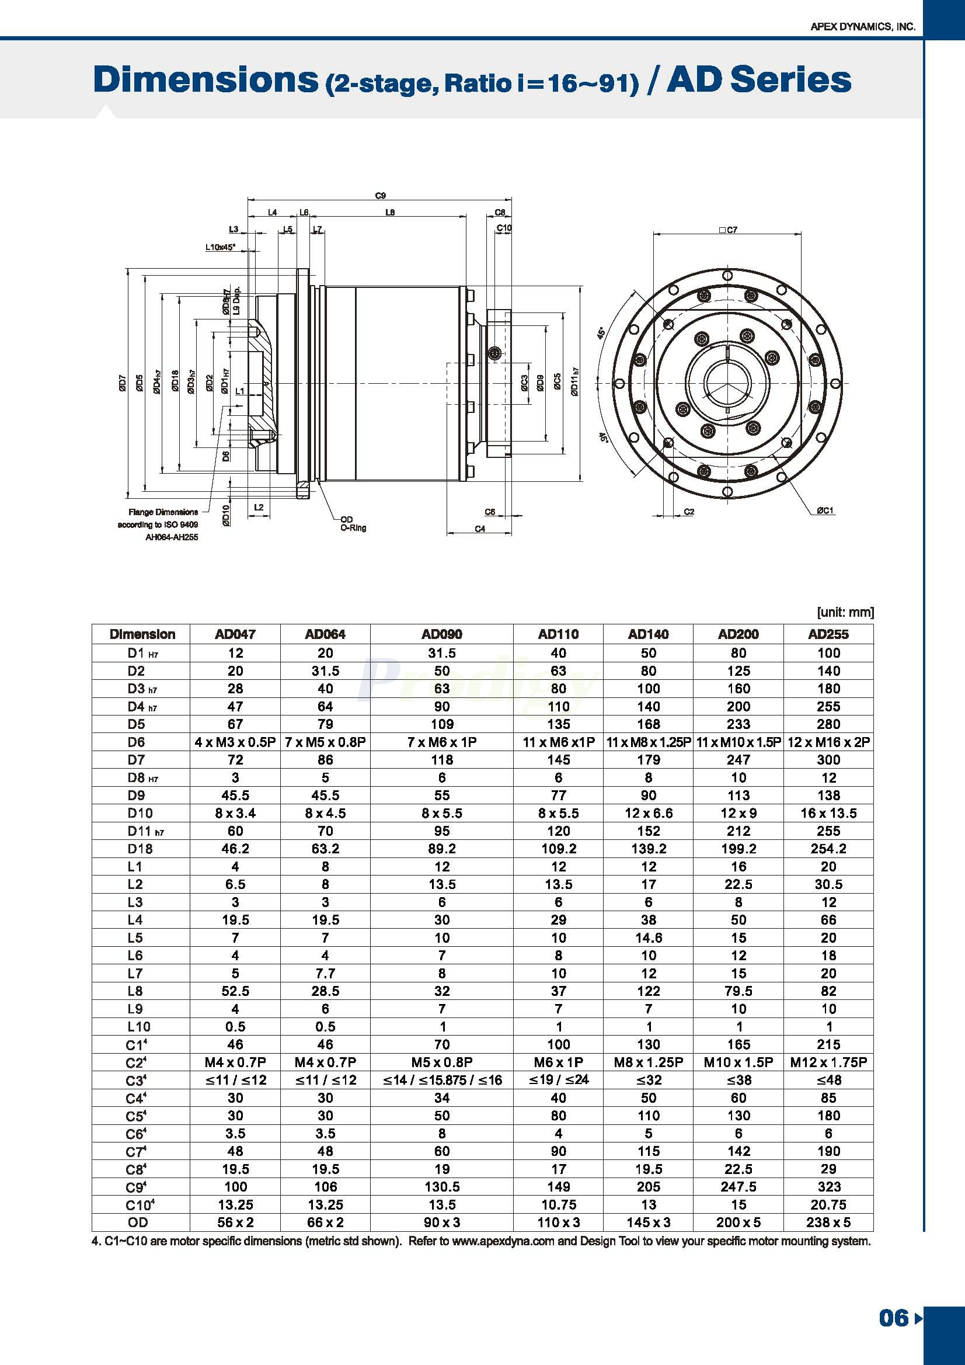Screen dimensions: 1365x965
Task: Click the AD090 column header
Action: tap(441, 634)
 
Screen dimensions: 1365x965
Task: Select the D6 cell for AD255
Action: tap(828, 742)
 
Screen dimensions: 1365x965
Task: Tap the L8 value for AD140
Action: tap(648, 991)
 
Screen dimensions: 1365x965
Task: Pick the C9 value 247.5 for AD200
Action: tap(738, 1187)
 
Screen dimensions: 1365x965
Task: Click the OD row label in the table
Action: tap(137, 1222)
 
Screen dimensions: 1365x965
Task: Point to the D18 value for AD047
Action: tap(235, 848)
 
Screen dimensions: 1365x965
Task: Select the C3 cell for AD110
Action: tap(558, 1080)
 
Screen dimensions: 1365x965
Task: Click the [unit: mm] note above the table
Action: tap(845, 612)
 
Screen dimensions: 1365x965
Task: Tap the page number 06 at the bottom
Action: tap(893, 1319)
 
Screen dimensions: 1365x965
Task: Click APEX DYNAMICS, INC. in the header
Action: tap(863, 27)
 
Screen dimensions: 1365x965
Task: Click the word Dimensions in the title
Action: tap(205, 80)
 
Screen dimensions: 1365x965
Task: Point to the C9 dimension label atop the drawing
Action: tap(380, 195)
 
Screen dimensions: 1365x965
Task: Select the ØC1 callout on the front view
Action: tap(825, 510)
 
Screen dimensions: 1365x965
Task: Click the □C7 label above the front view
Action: tap(728, 230)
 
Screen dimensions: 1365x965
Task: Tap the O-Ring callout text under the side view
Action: tap(353, 527)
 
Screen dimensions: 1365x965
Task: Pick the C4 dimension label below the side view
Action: tap(480, 529)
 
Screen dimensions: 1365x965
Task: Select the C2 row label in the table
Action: tap(135, 1062)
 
